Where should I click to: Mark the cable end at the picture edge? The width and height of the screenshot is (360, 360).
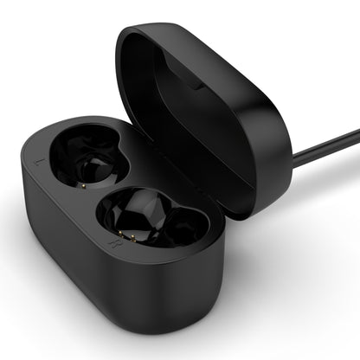(x=356, y=132)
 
